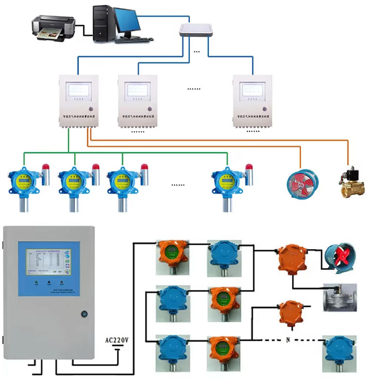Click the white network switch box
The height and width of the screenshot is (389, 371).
pos(196,30)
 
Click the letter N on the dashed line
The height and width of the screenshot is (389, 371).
pos(288,339)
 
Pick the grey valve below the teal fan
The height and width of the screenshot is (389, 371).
pos(340,297)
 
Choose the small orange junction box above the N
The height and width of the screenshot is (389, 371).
pos(289,312)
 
